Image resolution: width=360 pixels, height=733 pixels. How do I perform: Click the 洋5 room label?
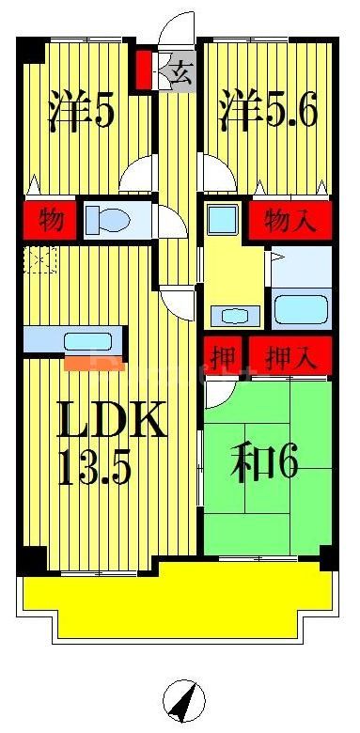click(82, 111)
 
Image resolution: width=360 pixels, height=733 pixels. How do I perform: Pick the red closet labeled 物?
click(51, 221)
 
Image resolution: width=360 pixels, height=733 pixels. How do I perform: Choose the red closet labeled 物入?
click(289, 221)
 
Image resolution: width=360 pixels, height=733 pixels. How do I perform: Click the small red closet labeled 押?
click(224, 356)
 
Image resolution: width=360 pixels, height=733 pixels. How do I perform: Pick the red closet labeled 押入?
click(290, 356)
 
